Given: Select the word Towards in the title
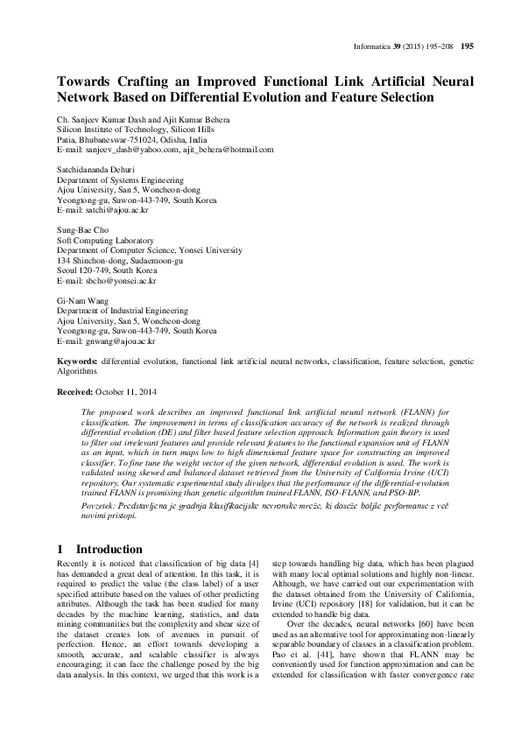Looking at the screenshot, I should coord(88,81).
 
